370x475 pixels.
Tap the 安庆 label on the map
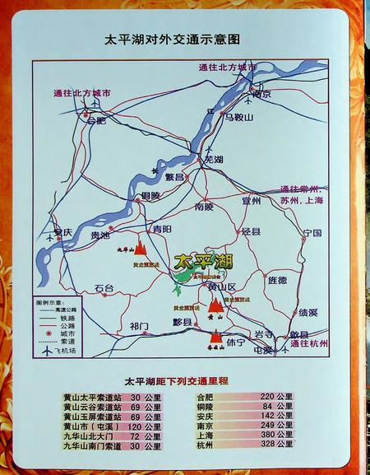pos(63,232)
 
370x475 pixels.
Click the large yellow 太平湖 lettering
pos(205,262)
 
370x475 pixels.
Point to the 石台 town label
pos(104,288)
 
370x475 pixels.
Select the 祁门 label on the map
pos(140,327)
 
